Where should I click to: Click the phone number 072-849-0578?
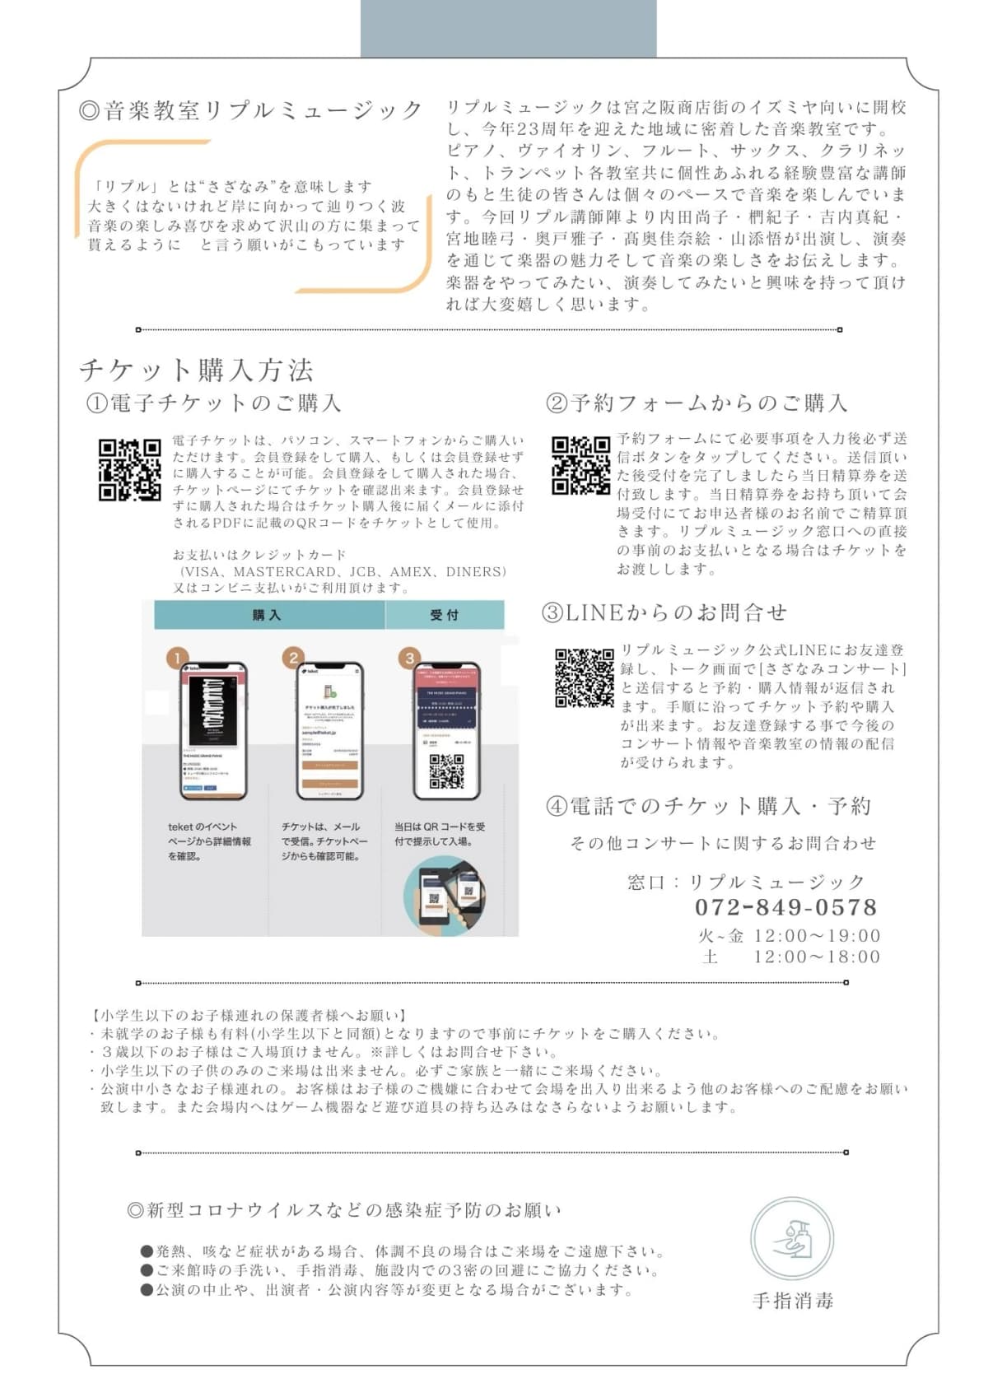point(785,907)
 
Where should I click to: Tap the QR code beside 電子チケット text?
point(129,469)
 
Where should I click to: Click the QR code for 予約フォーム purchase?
point(580,465)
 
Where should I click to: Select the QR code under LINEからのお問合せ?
point(584,678)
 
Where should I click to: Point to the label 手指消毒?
point(792,1301)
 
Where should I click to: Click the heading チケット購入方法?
point(196,370)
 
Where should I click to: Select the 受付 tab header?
point(445,615)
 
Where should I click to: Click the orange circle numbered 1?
point(176,658)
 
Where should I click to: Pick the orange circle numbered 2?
point(293,657)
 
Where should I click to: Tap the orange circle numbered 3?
point(409,657)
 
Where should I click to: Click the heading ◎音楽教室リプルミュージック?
point(251,110)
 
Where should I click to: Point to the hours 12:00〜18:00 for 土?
point(816,957)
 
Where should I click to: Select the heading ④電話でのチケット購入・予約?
point(708,806)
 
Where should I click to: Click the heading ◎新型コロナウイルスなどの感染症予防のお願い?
point(344,1210)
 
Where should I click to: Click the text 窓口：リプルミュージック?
point(746,882)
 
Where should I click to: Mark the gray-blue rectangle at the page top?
point(508,28)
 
